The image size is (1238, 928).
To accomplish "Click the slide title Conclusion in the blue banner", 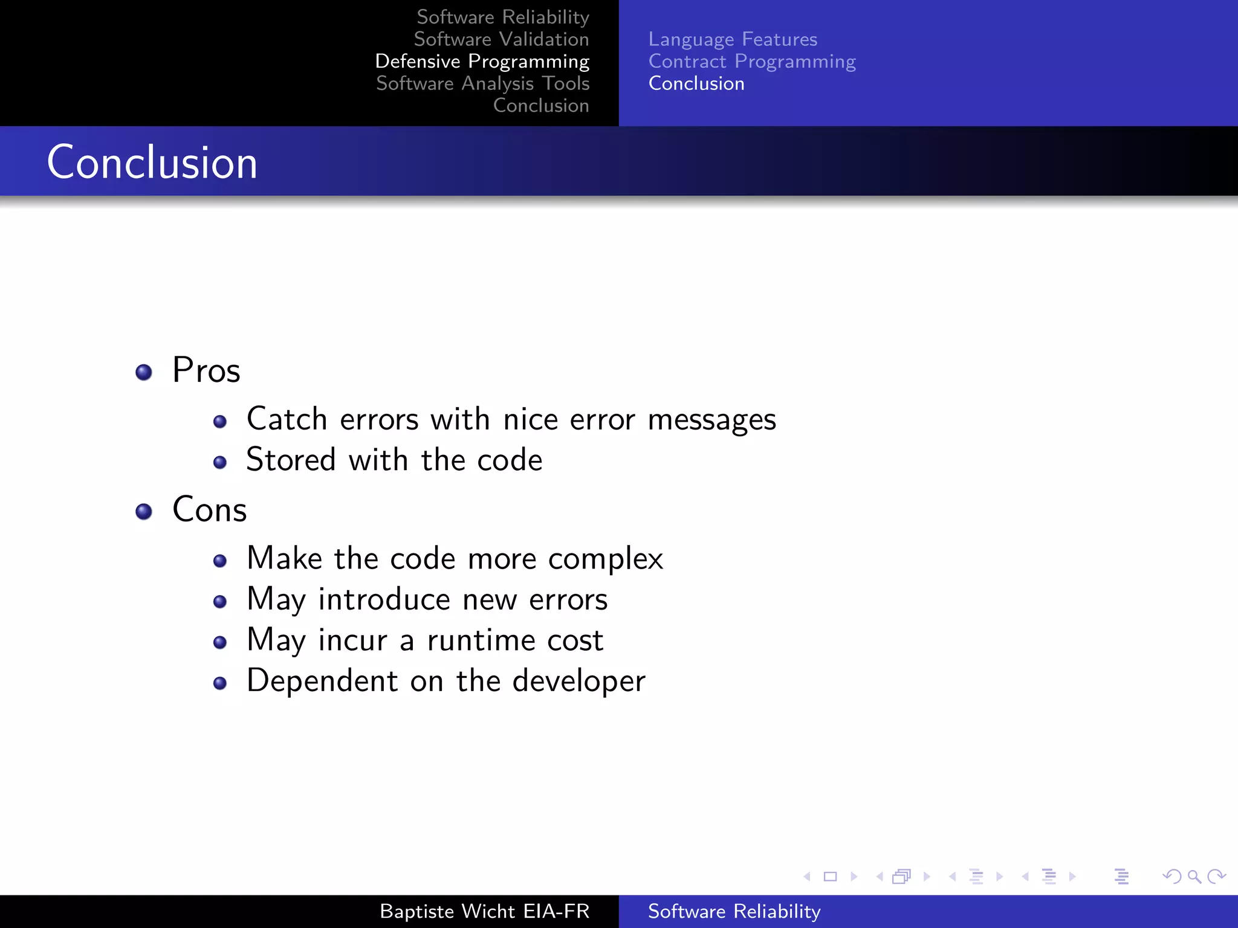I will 152,163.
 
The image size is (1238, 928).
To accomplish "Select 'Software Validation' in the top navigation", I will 501,39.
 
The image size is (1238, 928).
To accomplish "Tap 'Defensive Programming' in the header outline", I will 482,62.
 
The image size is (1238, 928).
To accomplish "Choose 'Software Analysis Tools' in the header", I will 482,83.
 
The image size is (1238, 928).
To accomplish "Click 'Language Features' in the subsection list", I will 733,39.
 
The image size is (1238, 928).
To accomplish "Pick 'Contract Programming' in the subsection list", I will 752,62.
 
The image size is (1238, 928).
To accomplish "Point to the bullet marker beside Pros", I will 144,372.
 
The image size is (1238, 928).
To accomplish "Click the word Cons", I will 210,509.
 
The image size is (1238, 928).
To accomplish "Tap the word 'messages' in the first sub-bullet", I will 711,420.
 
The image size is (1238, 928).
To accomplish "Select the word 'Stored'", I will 291,460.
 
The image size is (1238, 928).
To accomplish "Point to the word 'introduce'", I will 384,600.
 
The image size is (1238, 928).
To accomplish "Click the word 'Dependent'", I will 322,681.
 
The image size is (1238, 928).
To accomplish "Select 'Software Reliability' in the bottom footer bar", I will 734,911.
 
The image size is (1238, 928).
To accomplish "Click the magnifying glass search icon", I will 1194,876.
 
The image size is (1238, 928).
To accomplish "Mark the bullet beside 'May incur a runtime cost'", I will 220,642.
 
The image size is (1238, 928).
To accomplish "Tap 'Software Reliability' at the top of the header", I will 503,17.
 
